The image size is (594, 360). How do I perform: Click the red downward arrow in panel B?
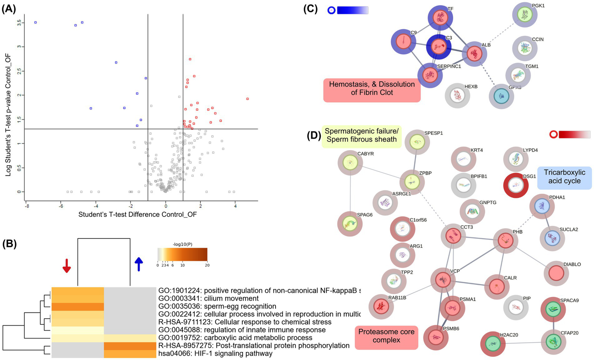coord(67,265)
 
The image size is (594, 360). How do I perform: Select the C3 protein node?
coord(438,46)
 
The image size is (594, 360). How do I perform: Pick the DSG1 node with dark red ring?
coord(515,185)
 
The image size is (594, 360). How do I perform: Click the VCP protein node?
coord(443,280)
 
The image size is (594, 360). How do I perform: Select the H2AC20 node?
coord(493,344)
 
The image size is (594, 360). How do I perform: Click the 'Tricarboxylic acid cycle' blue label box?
coord(564,177)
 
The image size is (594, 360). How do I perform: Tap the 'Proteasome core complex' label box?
coord(386,336)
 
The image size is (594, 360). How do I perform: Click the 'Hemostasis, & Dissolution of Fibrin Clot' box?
coord(371,89)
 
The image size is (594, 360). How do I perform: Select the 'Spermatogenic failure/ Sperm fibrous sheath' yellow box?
coord(361,135)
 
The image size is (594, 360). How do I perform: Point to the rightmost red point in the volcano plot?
coord(247,99)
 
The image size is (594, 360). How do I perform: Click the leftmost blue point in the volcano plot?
coord(35,22)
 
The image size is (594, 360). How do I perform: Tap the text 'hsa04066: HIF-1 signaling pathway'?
coord(215,353)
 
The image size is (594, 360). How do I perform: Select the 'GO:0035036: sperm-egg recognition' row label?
coord(217,306)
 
